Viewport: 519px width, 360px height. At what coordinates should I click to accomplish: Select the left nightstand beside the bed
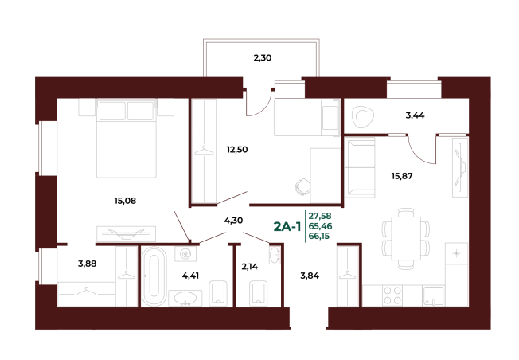pos(87,108)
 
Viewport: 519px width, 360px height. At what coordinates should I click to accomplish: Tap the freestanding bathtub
pos(154,276)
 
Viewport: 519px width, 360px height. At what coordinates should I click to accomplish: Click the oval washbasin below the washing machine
pos(186,298)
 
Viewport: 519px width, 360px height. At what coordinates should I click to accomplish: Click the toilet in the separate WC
pos(260,292)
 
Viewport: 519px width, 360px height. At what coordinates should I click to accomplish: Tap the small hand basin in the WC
pos(275,256)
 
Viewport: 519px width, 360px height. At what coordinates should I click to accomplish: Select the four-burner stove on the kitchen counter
pos(392,295)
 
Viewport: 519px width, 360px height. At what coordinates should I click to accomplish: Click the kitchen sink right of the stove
pos(432,296)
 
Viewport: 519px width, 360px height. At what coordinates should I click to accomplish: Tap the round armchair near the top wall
pos(363,116)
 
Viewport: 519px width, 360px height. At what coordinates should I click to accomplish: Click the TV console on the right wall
pos(460,166)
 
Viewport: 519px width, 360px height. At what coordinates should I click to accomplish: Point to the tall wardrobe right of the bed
pos(205,150)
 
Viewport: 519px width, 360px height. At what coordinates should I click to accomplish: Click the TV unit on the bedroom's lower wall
pos(127,233)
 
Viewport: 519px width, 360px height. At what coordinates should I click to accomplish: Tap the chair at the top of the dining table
pos(406,212)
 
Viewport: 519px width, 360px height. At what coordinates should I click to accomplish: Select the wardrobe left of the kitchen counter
pos(345,276)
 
